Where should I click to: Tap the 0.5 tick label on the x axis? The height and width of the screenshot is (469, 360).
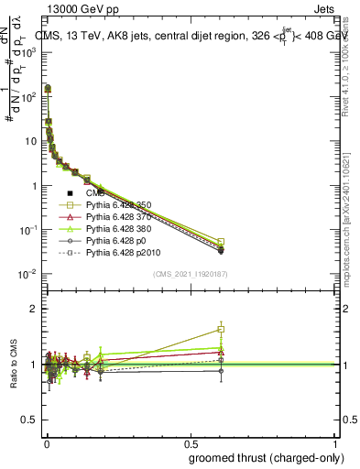tap(191, 442)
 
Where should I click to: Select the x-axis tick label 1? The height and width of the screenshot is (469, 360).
tap(335, 442)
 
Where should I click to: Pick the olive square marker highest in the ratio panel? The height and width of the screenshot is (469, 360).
tap(221, 329)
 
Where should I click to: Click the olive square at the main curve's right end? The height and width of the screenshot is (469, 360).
tap(221, 242)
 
